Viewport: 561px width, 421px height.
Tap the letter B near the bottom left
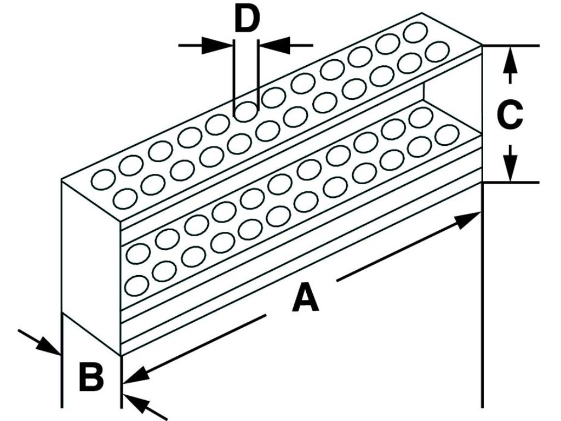(x=91, y=377)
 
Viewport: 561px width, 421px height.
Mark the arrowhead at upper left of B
(x=50, y=345)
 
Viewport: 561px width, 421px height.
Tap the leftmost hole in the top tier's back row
(x=103, y=178)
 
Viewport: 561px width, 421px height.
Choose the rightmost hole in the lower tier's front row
(x=447, y=134)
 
